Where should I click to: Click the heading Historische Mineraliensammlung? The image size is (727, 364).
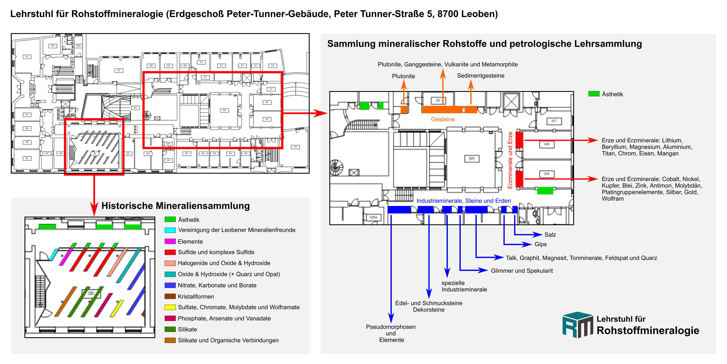pyautogui.click(x=176, y=206)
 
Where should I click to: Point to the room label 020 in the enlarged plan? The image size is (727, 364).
pyautogui.click(x=472, y=159)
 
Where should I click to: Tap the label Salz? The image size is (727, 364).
pyautogui.click(x=550, y=235)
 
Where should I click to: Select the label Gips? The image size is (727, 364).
pyautogui.click(x=540, y=244)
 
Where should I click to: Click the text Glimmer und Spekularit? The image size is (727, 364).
pyautogui.click(x=522, y=271)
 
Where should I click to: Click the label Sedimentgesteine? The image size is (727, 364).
pyautogui.click(x=480, y=76)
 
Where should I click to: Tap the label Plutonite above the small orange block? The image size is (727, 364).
pyautogui.click(x=403, y=76)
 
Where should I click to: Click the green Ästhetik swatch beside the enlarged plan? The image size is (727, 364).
pyautogui.click(x=594, y=94)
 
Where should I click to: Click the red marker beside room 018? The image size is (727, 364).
pyautogui.click(x=519, y=140)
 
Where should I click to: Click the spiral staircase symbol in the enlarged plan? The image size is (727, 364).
pyautogui.click(x=336, y=167)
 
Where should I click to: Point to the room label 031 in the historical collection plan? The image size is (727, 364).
pyautogui.click(x=91, y=293)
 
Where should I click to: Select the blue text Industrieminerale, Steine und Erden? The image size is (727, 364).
pyautogui.click(x=463, y=201)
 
